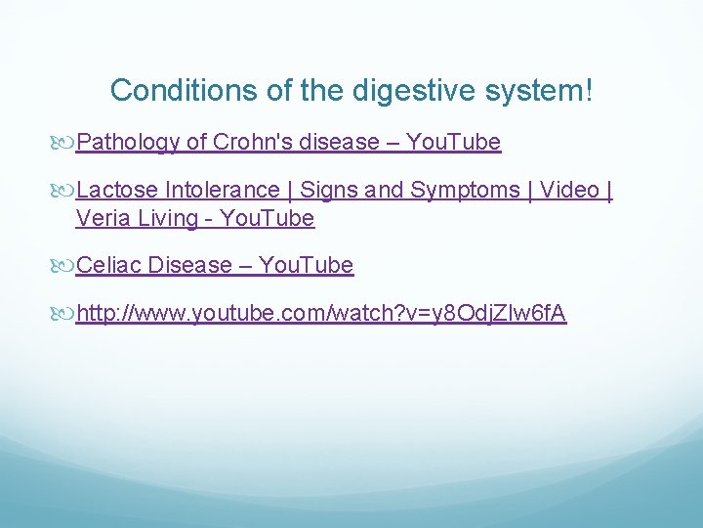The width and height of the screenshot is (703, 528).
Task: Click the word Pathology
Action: (x=128, y=143)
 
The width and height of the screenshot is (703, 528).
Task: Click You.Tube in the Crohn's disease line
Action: (x=453, y=143)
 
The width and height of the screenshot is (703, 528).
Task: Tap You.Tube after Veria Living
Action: (x=267, y=218)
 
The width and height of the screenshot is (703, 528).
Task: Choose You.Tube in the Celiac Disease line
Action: (x=306, y=266)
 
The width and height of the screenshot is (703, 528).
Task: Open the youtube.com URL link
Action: (x=321, y=314)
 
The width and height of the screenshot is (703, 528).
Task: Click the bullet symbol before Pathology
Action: (x=65, y=144)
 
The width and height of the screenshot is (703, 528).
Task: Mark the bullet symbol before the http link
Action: (x=65, y=315)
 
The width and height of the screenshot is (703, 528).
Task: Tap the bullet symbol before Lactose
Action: (x=65, y=191)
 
